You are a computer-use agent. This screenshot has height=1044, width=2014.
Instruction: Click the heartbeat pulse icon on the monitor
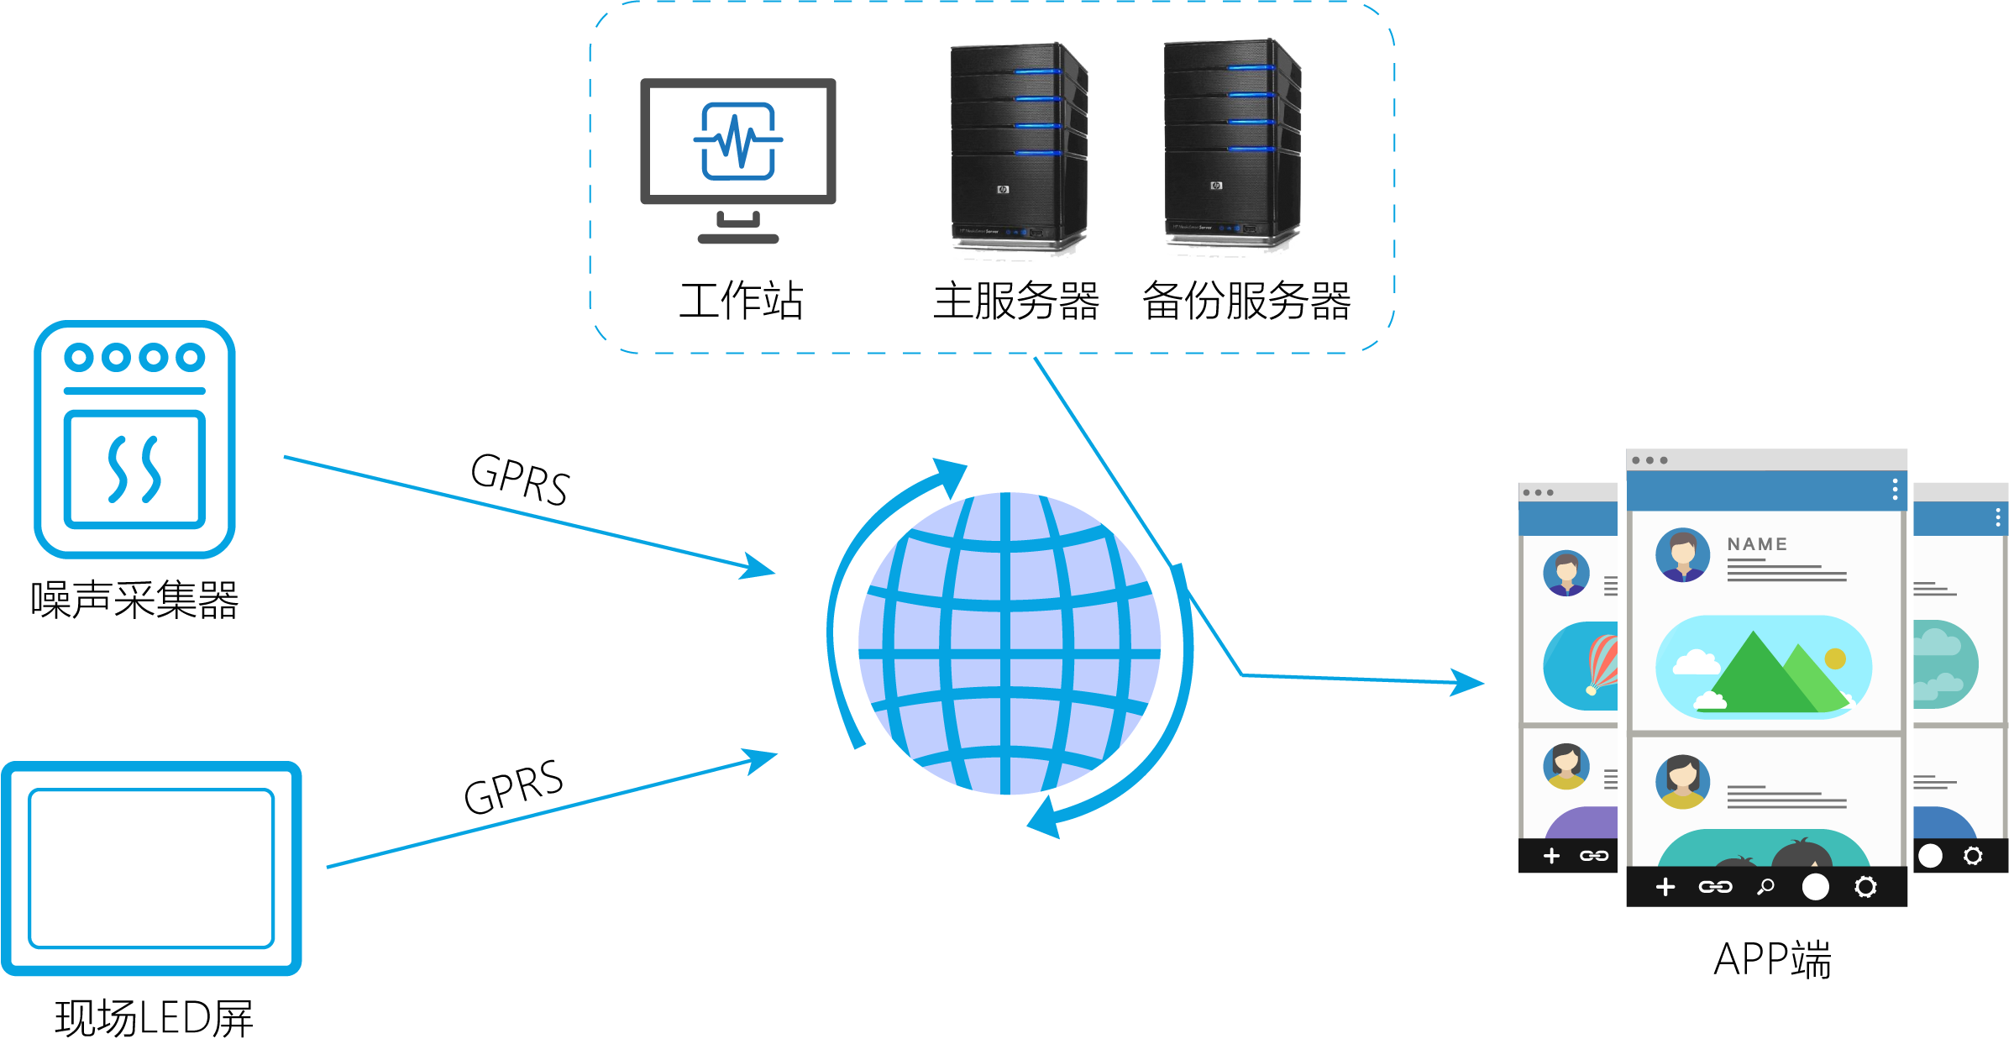click(x=737, y=141)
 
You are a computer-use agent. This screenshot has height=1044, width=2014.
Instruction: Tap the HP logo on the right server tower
click(x=1215, y=186)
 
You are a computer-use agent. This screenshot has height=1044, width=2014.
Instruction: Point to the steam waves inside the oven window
click(x=134, y=469)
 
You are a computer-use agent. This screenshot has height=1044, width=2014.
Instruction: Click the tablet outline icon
click(x=151, y=868)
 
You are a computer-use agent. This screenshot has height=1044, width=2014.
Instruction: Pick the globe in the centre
click(x=1010, y=643)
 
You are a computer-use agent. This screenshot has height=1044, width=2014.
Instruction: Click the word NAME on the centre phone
click(x=1757, y=544)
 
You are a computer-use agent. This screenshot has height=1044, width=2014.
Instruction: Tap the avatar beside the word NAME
click(x=1682, y=555)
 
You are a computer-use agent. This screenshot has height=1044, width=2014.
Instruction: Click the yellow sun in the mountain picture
click(x=1835, y=658)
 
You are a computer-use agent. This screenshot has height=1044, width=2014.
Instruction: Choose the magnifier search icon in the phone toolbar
click(x=1765, y=886)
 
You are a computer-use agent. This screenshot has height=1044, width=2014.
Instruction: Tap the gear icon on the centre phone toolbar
click(x=1865, y=887)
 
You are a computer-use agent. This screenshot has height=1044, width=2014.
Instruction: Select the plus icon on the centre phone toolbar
click(x=1665, y=887)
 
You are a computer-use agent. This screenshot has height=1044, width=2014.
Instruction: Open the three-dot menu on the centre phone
click(x=1895, y=490)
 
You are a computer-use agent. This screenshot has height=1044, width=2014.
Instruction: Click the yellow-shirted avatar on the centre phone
click(x=1682, y=782)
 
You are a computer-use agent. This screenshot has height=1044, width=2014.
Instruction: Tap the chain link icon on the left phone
click(x=1593, y=856)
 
